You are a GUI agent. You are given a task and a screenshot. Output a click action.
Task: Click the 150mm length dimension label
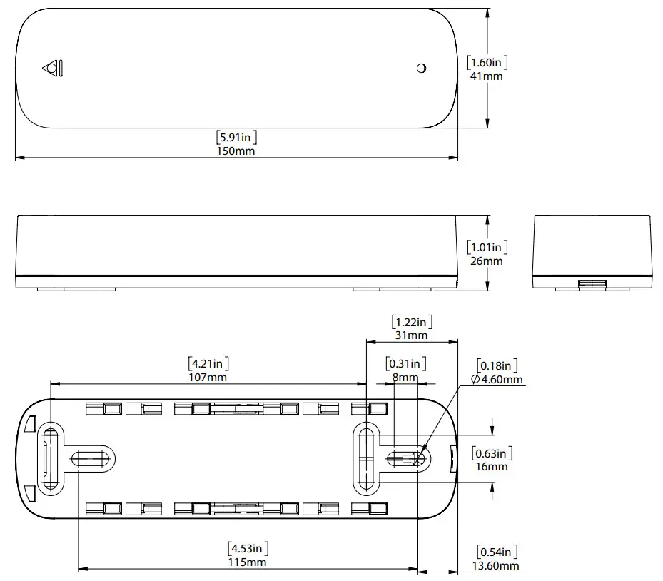236,151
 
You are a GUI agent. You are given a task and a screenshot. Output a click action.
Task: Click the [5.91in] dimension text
236,136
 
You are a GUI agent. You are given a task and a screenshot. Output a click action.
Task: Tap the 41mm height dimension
487,76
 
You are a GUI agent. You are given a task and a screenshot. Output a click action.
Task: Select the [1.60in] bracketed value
487,62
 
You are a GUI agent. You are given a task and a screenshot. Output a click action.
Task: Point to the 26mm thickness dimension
487,261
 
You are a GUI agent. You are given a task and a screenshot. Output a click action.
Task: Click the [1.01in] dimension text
487,247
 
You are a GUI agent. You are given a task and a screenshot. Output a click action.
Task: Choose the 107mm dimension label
208,377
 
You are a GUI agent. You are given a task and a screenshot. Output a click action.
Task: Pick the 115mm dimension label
248,562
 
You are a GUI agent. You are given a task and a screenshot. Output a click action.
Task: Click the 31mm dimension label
412,335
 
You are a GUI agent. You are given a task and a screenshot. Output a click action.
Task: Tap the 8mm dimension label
405,377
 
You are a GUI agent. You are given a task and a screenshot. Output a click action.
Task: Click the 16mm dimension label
492,466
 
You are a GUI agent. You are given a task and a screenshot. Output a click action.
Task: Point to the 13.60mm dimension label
497,565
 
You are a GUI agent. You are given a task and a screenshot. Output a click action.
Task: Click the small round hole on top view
421,69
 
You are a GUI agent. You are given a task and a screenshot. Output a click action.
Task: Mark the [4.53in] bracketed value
248,549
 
